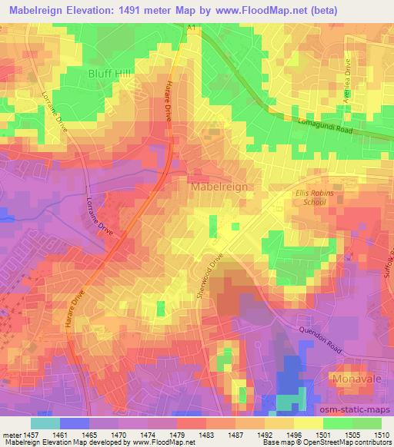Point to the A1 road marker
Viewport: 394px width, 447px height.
(192, 27)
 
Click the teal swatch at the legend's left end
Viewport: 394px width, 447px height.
(45, 424)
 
